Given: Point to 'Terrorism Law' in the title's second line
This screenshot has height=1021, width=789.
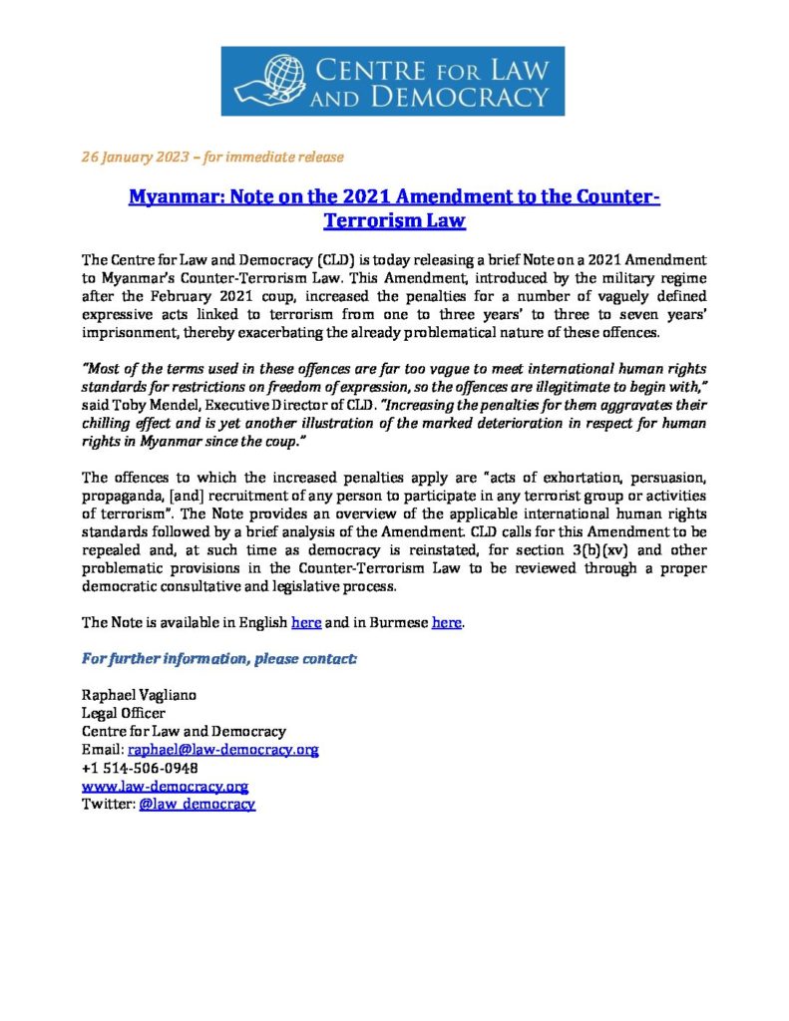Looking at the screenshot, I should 395,220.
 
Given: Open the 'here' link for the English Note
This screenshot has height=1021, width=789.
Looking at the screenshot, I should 305,623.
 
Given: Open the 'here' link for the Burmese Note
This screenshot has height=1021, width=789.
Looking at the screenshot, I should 446,623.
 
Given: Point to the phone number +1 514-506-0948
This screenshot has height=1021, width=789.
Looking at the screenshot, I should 140,768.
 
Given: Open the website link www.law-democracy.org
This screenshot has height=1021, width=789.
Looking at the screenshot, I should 165,786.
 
